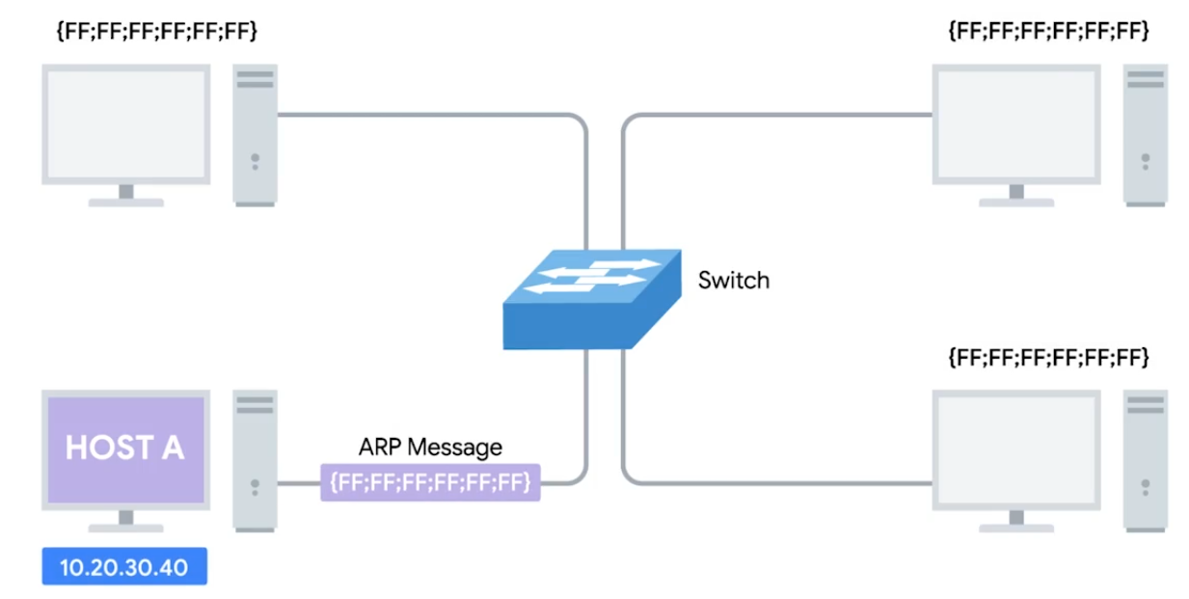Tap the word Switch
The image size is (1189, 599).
[x=734, y=281]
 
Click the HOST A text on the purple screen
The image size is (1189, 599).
[x=124, y=448]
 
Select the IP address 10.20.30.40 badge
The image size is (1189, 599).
[x=123, y=567]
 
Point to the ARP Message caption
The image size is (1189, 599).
[x=430, y=447]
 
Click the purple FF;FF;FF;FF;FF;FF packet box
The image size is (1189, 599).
[x=430, y=481]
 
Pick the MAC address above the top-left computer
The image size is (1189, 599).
[x=157, y=33]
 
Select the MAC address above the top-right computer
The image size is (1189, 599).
[x=1048, y=33]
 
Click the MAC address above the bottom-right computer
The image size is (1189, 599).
[x=1048, y=359]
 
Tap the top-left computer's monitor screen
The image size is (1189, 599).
[x=125, y=123]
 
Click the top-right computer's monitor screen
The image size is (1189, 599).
[x=1016, y=123]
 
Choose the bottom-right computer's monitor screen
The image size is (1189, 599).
[x=1016, y=449]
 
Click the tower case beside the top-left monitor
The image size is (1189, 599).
[x=255, y=134]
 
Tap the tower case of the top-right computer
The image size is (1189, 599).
[x=1146, y=134]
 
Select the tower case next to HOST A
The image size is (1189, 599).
[x=255, y=459]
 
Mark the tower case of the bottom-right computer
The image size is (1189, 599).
[x=1146, y=459]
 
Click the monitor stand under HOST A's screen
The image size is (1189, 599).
[x=125, y=522]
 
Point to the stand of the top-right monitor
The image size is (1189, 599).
[x=1016, y=196]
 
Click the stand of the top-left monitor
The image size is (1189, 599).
[x=125, y=196]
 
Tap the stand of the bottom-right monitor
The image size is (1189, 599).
[x=1016, y=522]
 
